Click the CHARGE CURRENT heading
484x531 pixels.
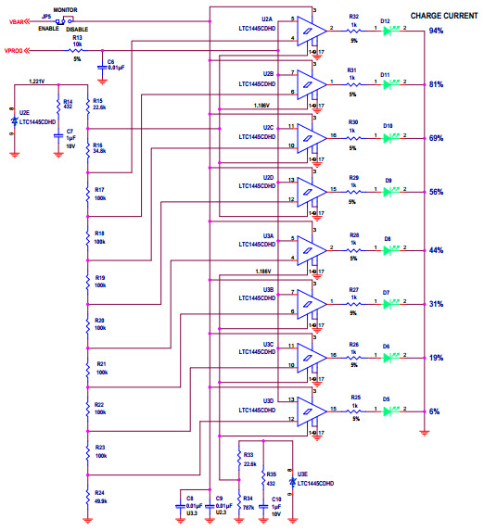431,16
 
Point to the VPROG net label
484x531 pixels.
17,50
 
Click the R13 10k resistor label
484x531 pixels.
77,41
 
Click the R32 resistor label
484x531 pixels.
353,18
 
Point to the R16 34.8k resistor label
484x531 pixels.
98,148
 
